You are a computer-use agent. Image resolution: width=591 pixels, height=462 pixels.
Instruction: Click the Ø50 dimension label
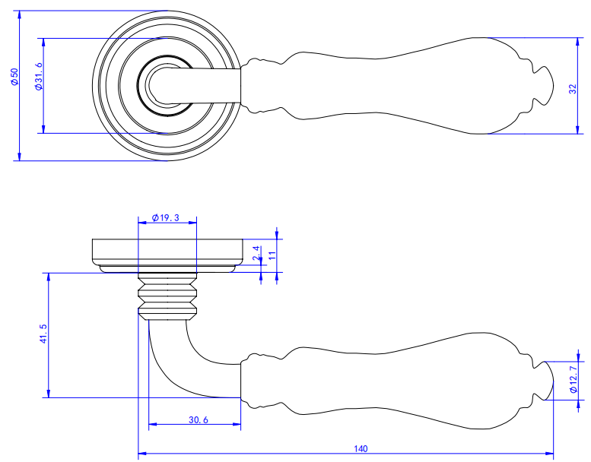(14, 77)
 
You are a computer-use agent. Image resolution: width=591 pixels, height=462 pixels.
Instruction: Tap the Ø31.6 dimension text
(39, 77)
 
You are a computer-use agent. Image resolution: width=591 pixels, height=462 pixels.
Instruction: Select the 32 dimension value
(573, 89)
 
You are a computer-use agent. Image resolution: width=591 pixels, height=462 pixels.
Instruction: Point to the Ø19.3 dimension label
(166, 217)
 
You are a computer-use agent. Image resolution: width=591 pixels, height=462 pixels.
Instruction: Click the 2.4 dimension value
(256, 252)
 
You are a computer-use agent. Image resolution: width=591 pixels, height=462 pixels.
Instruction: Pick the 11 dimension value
(272, 255)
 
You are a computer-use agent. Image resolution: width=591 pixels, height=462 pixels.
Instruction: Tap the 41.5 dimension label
(43, 334)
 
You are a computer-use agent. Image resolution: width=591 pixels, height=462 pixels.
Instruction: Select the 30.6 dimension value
(199, 419)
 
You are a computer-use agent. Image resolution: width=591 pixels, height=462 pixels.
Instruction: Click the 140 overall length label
(361, 449)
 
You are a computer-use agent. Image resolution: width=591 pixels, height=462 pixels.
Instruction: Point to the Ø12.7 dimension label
(574, 379)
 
